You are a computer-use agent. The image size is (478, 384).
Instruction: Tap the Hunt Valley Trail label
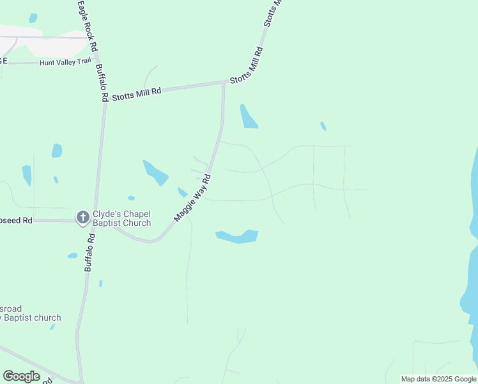pos(65,62)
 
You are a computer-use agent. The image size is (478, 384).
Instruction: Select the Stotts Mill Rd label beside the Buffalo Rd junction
pos(136,95)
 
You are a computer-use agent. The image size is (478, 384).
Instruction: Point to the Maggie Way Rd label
pos(193,198)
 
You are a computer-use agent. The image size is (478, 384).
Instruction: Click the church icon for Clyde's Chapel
pos(82,218)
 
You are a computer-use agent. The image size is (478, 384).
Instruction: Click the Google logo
pos(21,376)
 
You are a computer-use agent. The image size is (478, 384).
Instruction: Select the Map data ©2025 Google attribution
pos(438,379)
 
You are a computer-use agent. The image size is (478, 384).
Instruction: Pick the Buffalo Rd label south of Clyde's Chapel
pos(90,253)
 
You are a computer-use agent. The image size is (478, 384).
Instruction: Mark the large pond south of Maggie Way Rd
pos(237,236)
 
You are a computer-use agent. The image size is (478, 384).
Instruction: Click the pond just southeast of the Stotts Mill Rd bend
pos(248,116)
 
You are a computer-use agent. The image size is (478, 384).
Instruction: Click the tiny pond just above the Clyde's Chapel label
pos(131,198)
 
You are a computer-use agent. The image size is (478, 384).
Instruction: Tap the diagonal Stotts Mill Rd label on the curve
pos(247,67)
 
